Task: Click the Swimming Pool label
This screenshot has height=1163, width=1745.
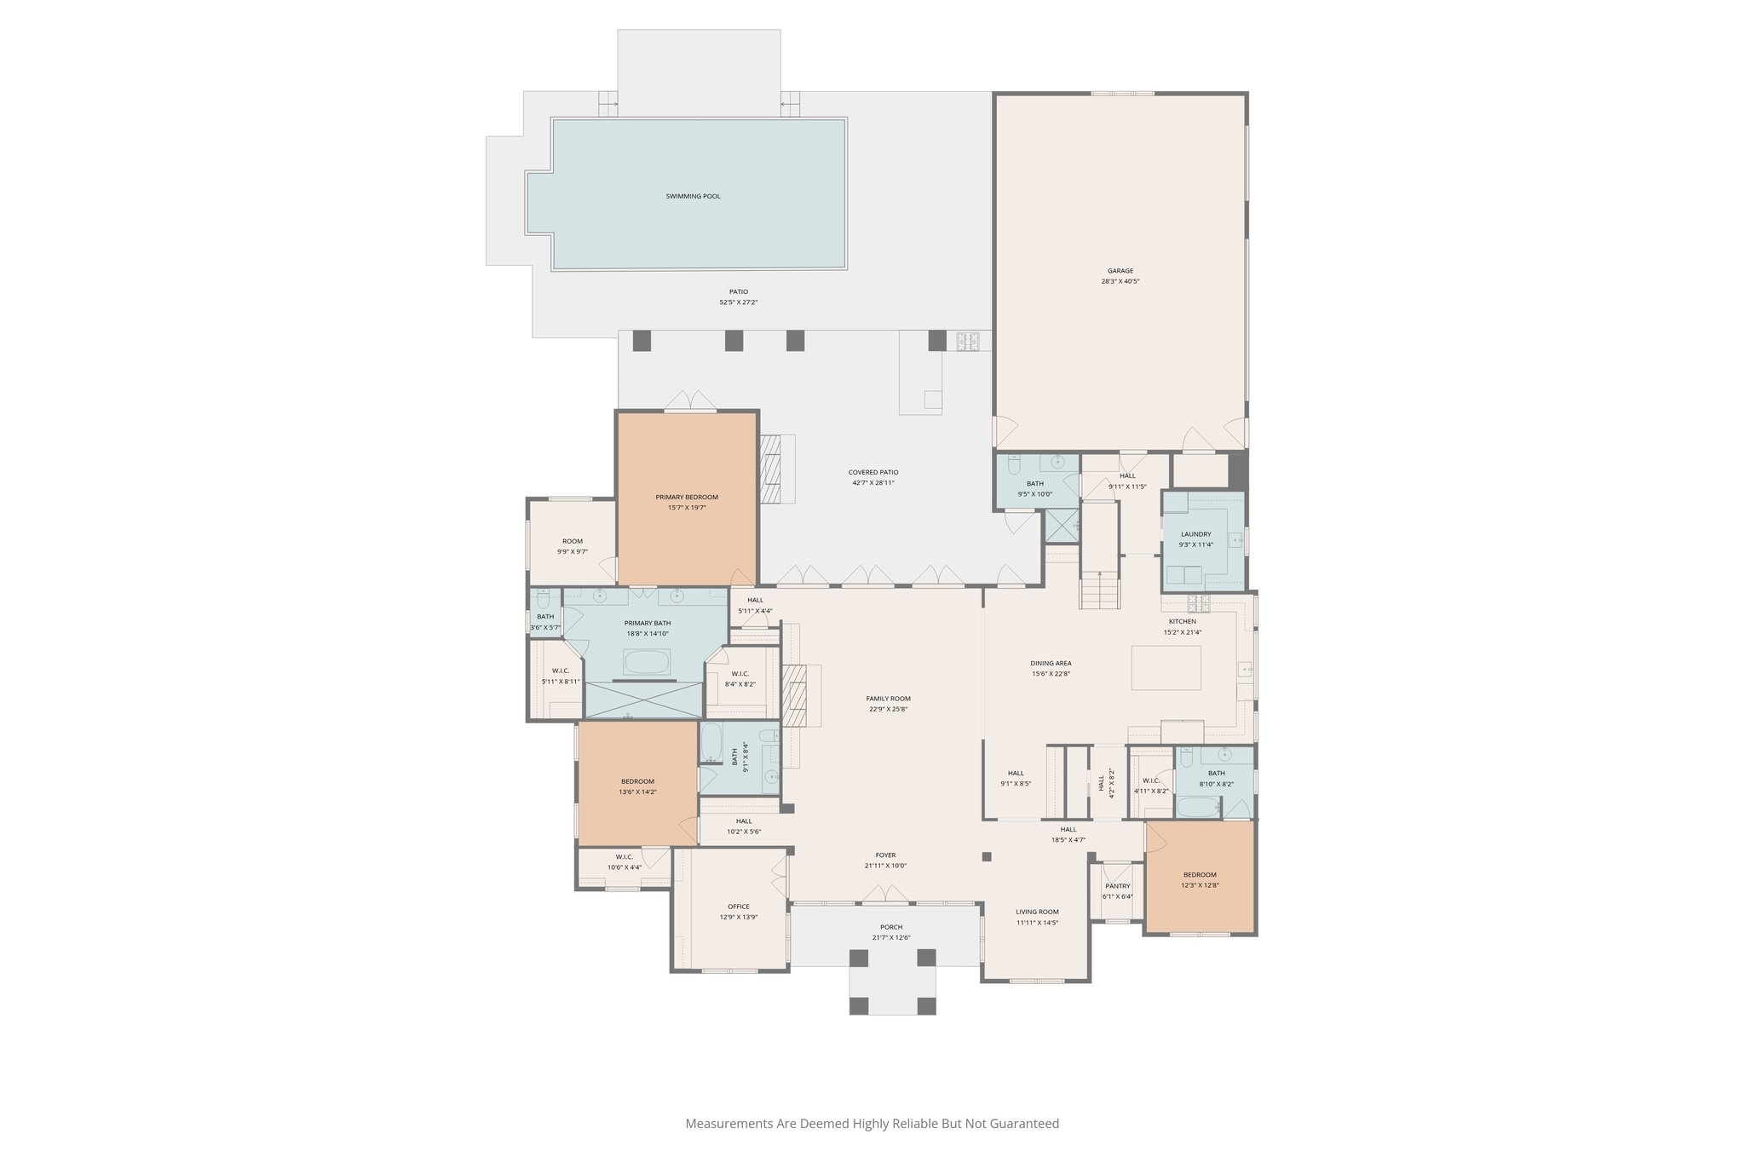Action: [x=693, y=196]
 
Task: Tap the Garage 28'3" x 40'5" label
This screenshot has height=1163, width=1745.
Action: [x=1120, y=276]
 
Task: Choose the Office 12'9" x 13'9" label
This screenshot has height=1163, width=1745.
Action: [x=738, y=912]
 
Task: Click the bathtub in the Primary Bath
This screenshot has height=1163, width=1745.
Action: [x=647, y=662]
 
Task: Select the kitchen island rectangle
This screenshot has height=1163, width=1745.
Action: [x=1166, y=667]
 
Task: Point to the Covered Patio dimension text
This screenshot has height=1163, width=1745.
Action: [x=873, y=483]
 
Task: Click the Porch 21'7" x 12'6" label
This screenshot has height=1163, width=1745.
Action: [x=891, y=932]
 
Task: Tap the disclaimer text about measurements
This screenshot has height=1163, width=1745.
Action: [x=872, y=1123]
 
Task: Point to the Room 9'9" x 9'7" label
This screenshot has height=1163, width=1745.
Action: [x=573, y=546]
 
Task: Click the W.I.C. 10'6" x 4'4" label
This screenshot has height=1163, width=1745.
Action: [x=624, y=862]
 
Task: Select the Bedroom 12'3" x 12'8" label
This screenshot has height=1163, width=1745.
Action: [x=1200, y=879]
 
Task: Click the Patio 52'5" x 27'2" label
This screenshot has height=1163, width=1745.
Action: [x=738, y=297]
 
